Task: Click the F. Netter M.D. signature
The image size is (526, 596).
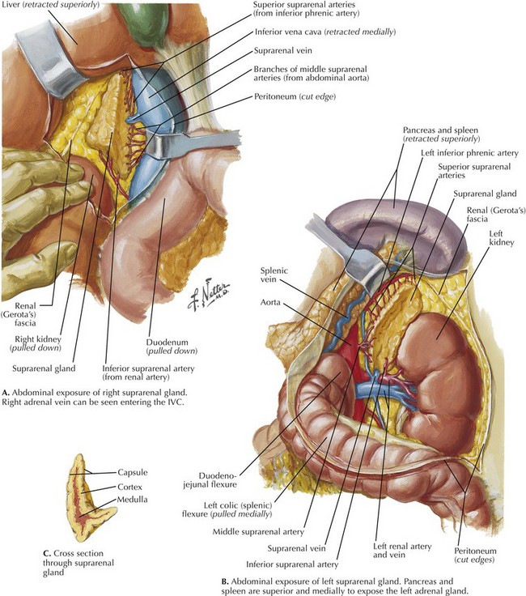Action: pyautogui.click(x=208, y=296)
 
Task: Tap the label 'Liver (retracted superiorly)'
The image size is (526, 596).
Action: pyautogui.click(x=50, y=5)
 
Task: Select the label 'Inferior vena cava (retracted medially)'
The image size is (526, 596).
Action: pyautogui.click(x=325, y=32)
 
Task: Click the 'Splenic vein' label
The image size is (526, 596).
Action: pyautogui.click(x=274, y=275)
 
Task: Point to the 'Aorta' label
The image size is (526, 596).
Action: pyautogui.click(x=270, y=303)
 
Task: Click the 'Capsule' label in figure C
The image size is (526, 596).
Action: pyautogui.click(x=132, y=472)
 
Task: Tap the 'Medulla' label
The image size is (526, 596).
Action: pyautogui.click(x=132, y=500)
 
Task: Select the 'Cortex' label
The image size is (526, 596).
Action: pyautogui.click(x=129, y=487)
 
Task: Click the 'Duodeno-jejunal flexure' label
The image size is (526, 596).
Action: pyautogui.click(x=210, y=480)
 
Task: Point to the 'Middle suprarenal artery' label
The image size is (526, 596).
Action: pyautogui.click(x=258, y=532)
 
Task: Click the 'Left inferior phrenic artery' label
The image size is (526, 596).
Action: pyautogui.click(x=469, y=153)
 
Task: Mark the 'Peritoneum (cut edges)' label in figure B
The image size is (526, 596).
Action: pyautogui.click(x=474, y=555)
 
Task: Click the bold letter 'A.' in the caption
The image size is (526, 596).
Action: pyautogui.click(x=6, y=393)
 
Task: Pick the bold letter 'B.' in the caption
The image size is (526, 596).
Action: pyautogui.click(x=225, y=582)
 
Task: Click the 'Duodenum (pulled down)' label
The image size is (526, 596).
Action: pyautogui.click(x=172, y=347)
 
